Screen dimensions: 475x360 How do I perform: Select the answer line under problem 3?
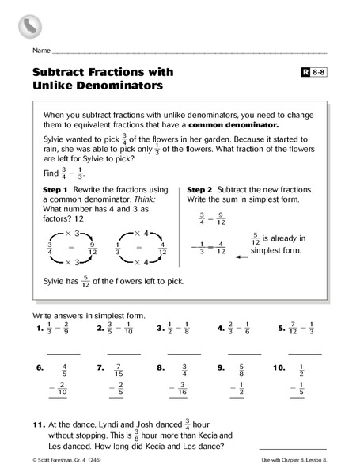184,352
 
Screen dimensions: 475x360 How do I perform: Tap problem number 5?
282,329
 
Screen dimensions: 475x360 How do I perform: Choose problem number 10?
279,368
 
